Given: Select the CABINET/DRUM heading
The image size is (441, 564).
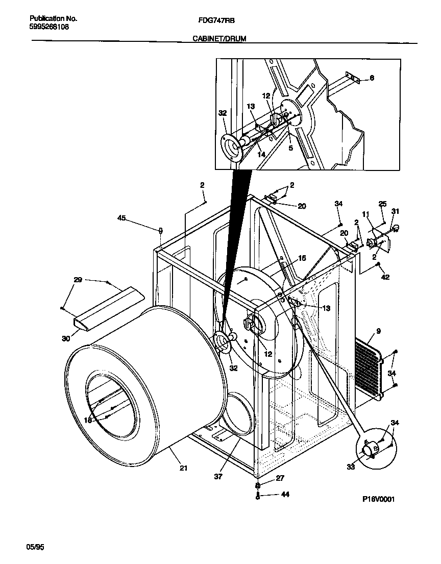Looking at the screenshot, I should pos(219,38).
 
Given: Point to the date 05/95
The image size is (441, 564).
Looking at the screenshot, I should pos(35,547).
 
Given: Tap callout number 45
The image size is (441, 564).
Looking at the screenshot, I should pos(121,218).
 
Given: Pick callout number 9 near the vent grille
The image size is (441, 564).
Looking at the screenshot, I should pos(378,331).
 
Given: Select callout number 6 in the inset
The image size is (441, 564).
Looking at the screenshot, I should pos(372,78).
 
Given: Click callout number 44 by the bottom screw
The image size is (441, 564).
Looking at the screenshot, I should pos(285,495).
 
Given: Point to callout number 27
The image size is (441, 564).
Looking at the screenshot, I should pos(280,478).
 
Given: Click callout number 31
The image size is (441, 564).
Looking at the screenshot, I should pos(395,211).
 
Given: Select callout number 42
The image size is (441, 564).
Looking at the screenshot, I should pos(385,278).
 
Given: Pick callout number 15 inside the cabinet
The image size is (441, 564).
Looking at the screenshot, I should pos(302,259).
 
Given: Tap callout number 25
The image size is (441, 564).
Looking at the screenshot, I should pos(382,204).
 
